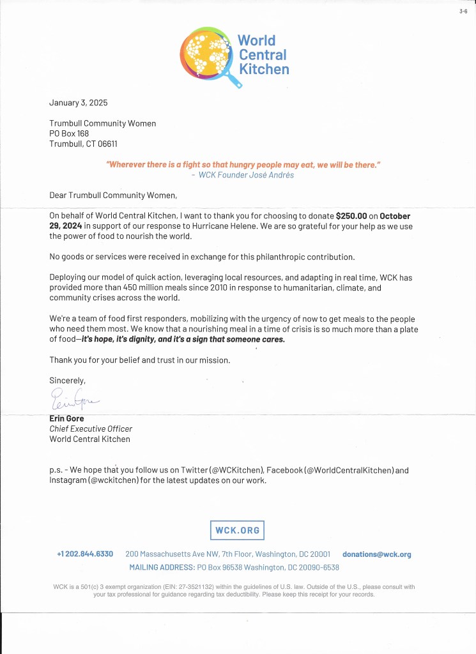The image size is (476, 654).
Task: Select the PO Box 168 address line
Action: tap(69, 133)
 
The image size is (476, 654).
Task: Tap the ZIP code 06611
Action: tap(106, 144)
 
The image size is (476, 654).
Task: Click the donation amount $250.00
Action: tap(356, 216)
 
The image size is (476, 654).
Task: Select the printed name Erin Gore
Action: tap(66, 419)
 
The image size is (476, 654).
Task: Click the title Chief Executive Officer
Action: tap(91, 429)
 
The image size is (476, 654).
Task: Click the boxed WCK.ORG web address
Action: tap(237, 531)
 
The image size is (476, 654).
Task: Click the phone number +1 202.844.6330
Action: tap(85, 554)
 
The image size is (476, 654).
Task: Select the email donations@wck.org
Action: tap(376, 554)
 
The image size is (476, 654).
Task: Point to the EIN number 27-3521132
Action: tap(184, 587)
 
